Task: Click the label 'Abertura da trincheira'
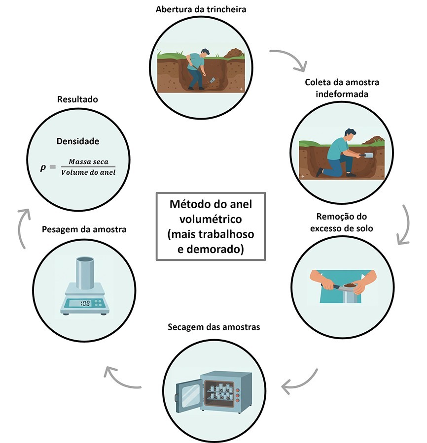tap(201, 9)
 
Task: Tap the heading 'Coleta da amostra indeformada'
tap(342, 88)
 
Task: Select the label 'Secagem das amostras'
tap(213, 327)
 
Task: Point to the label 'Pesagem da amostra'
tap(84, 229)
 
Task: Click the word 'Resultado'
tap(77, 99)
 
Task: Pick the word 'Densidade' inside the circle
tap(77, 141)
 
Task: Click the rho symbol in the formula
tap(43, 167)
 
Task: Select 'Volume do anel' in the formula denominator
tap(89, 172)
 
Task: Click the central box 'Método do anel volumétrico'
tap(211, 226)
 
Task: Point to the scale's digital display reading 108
tap(84, 303)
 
